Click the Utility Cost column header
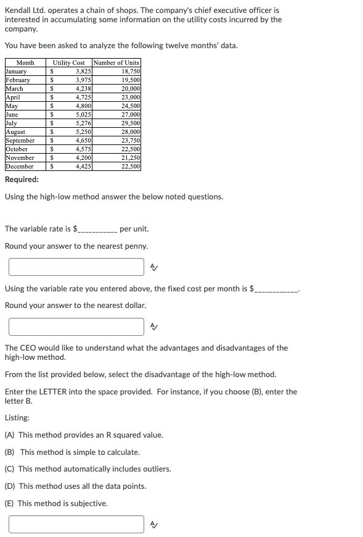pos(69,63)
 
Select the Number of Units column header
pos(116,63)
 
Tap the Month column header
pos(25,63)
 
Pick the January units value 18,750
pos(130,72)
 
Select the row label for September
pos(20,141)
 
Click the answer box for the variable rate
pos(76,267)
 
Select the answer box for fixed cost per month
pos(76,327)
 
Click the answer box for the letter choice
pos(76,524)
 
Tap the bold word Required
pos(22,180)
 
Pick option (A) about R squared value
pos(84,435)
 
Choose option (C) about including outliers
pos(88,469)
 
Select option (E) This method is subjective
pos(56,504)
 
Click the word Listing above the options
pos(17,418)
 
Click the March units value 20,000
pos(130,89)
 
